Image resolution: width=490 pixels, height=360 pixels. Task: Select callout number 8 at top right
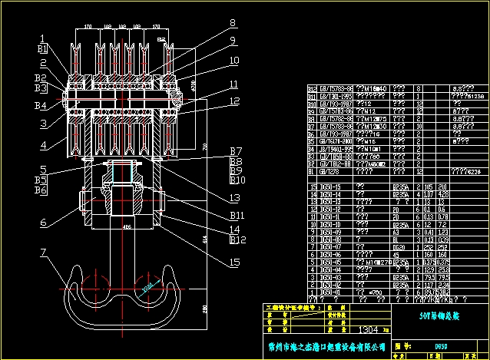point(232,22)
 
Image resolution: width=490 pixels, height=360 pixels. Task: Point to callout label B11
point(238,215)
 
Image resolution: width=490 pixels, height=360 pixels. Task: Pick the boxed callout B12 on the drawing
point(238,239)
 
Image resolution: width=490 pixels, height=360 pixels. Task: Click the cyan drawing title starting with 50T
point(417,314)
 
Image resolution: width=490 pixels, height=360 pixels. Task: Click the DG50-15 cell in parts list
point(331,187)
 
